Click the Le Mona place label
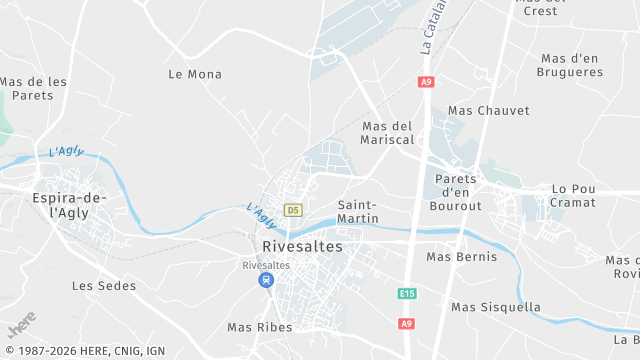point(195,74)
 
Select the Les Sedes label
point(104,286)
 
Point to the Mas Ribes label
point(260,327)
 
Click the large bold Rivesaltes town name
point(301,246)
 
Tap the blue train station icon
point(266,280)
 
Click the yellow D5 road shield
point(293,210)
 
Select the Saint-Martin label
point(358,211)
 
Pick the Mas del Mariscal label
point(388,133)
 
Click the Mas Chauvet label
point(489,110)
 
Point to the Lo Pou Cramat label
point(573,195)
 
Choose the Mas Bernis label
point(461,257)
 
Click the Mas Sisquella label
point(496,307)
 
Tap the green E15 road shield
point(406,294)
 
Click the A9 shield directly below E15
point(406,323)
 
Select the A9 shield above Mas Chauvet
point(427,82)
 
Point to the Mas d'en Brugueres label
point(569,65)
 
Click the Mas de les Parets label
point(34,88)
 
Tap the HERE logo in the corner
point(20,325)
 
